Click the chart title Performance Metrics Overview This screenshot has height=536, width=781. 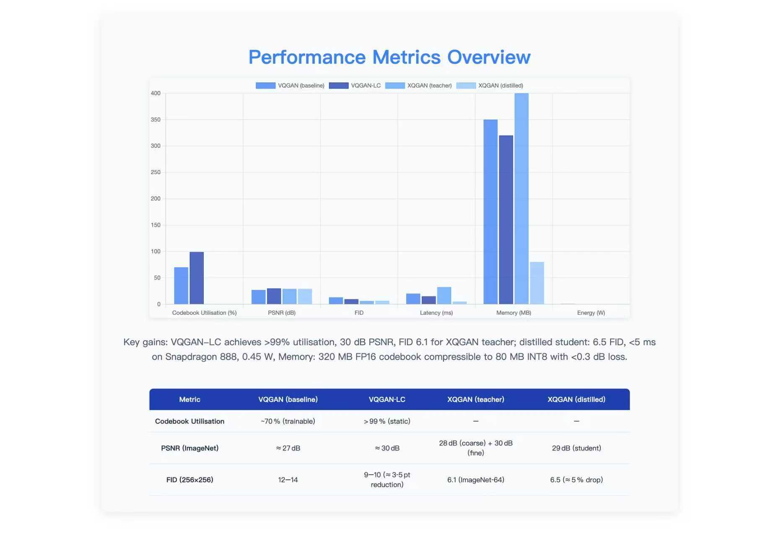(x=389, y=57)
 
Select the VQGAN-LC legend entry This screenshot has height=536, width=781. (x=355, y=85)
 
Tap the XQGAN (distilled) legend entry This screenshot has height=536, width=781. (x=490, y=85)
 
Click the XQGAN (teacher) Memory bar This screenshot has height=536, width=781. (x=521, y=198)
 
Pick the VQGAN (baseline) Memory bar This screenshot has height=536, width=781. (x=490, y=212)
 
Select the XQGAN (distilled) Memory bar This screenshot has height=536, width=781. (x=537, y=283)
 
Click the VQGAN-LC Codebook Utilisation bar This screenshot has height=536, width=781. (x=197, y=278)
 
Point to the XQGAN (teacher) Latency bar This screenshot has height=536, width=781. (x=444, y=296)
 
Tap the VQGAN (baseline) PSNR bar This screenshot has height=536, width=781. (x=258, y=297)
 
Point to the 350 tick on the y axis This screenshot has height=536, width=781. (x=156, y=120)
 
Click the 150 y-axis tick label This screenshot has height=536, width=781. (x=156, y=225)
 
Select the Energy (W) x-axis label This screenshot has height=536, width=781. (x=591, y=313)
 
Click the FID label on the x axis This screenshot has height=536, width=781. (x=359, y=313)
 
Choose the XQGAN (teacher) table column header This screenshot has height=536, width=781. (x=475, y=399)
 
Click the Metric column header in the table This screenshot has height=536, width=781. (x=189, y=399)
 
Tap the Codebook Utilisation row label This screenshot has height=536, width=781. (x=189, y=421)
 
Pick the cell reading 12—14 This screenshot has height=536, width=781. (x=288, y=480)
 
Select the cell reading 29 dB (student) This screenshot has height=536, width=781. (x=576, y=448)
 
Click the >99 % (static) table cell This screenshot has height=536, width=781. (x=387, y=421)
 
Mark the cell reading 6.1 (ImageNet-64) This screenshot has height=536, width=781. (x=475, y=480)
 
